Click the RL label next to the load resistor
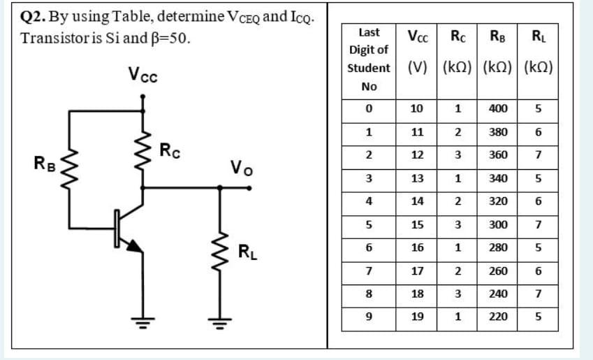(x=247, y=251)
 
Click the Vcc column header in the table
(x=418, y=36)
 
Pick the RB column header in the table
(x=498, y=36)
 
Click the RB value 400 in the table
(x=498, y=109)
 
